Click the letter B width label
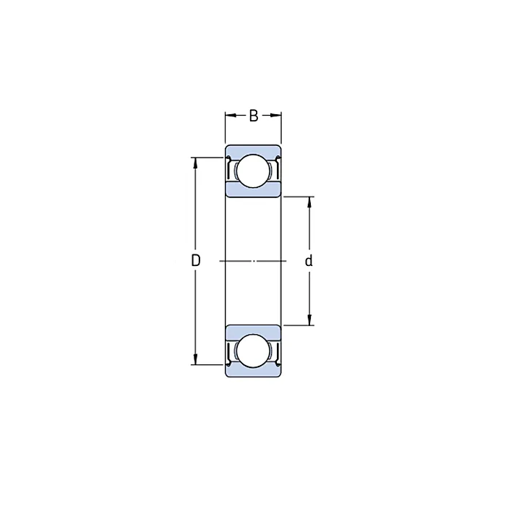click(x=253, y=116)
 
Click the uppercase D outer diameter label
click(x=195, y=261)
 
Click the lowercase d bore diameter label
click(x=309, y=261)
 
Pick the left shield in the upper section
click(x=231, y=170)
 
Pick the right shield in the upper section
click(x=275, y=170)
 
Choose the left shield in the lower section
click(x=231, y=351)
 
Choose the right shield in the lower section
click(x=275, y=351)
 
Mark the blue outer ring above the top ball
click(x=253, y=149)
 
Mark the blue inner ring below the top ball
click(x=253, y=192)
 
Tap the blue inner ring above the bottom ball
click(x=253, y=330)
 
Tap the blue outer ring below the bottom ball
click(x=253, y=372)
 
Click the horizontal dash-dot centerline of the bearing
click(x=253, y=261)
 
